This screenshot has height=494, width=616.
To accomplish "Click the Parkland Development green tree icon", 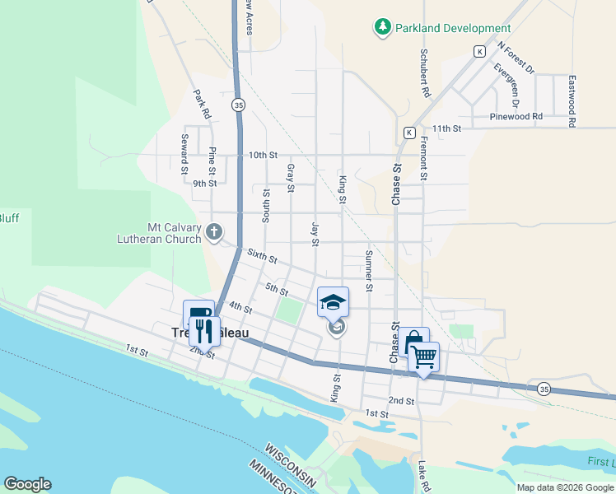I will coord(382,27).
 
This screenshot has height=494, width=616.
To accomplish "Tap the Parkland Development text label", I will coord(453,28).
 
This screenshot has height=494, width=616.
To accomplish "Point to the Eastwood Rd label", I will coord(571,100).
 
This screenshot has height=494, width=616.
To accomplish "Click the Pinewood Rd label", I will coord(516,116).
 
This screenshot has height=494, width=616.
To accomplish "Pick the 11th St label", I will coord(448,128).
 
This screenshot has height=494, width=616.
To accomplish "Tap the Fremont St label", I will coord(423,158).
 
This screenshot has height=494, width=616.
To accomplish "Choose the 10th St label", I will coord(263,155).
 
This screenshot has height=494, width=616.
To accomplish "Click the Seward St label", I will coord(185,154).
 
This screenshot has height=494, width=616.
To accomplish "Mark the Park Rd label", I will coord(203,104).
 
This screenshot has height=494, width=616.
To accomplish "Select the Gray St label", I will coord(290,178).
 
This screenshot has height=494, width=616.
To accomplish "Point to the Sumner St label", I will coord(369,265).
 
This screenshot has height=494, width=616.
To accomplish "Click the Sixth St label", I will coord(261,257).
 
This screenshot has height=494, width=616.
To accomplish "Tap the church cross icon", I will coord(214,232).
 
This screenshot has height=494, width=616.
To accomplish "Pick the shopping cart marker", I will coord(423,357).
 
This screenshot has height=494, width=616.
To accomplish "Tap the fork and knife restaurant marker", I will coord(203,332).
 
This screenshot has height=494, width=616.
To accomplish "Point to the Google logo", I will coord(27,484).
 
